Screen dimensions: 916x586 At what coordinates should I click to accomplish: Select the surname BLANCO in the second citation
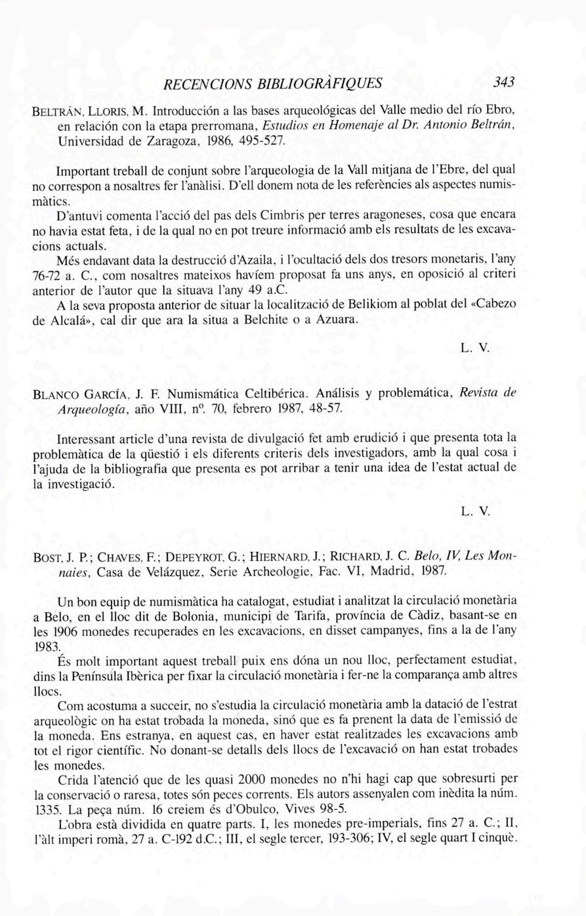[x=60, y=395]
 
